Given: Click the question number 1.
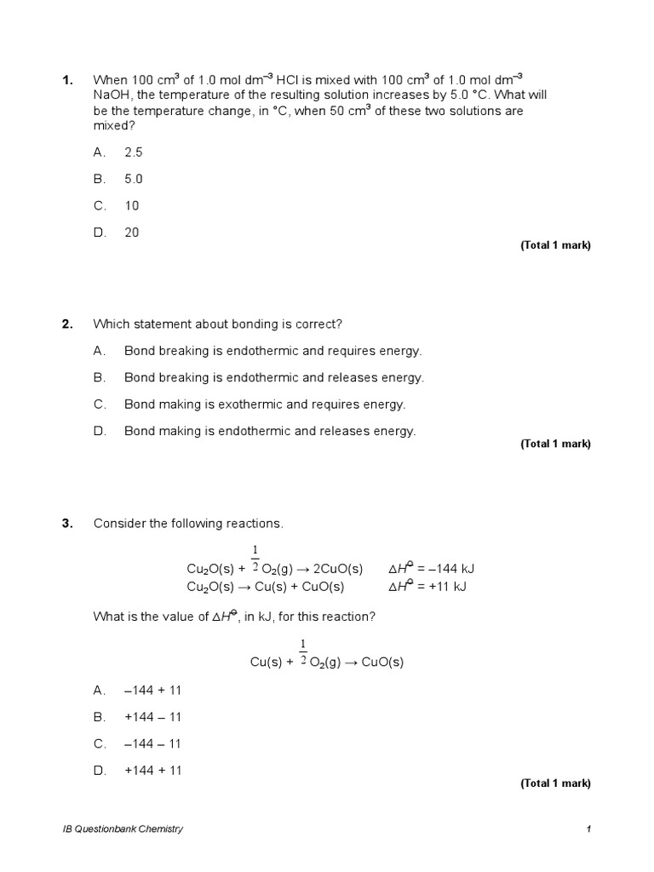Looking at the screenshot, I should [66, 81].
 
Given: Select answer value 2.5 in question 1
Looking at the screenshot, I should [134, 152].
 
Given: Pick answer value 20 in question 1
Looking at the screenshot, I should [132, 232].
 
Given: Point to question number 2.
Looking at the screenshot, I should [66, 324].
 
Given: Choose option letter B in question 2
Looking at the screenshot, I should [100, 377].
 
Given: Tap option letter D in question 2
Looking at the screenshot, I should [100, 431].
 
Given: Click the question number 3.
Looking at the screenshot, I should [66, 523].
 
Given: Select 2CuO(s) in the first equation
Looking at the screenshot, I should [335, 569].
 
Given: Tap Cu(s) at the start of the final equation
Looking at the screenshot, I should [267, 663].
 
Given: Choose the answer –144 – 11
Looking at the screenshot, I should [153, 743].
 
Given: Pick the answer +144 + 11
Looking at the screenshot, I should [153, 771].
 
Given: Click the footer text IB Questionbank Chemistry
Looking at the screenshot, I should [123, 829].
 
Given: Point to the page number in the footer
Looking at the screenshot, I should [588, 829].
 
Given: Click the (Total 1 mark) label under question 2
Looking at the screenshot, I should [555, 444].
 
